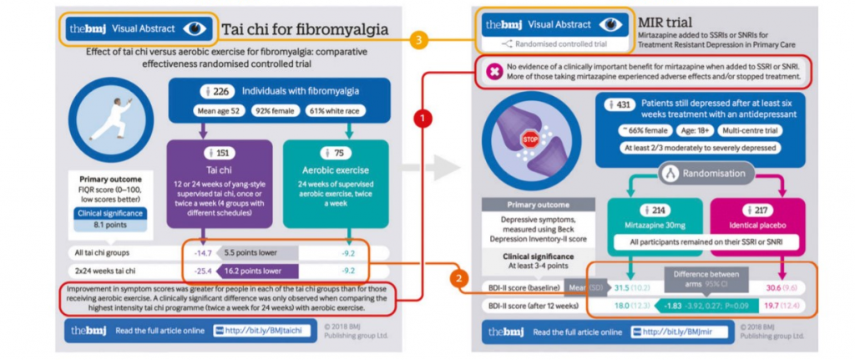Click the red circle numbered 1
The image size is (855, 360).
point(424,119)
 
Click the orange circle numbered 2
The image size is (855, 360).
point(457,277)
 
